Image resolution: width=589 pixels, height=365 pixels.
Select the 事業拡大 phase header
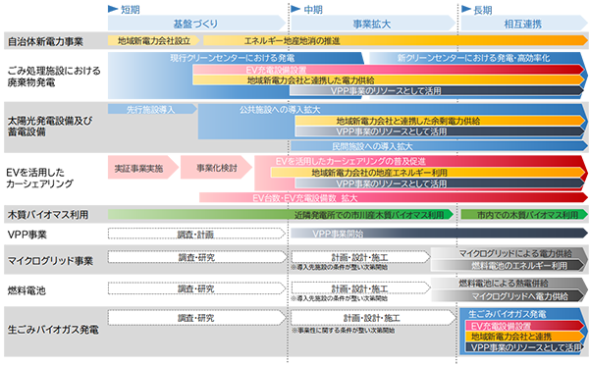(374, 23)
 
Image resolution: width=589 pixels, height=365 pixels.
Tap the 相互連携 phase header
(522, 23)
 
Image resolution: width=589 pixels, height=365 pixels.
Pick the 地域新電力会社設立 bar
(160, 42)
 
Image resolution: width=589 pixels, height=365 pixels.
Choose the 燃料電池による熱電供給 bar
(512, 284)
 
